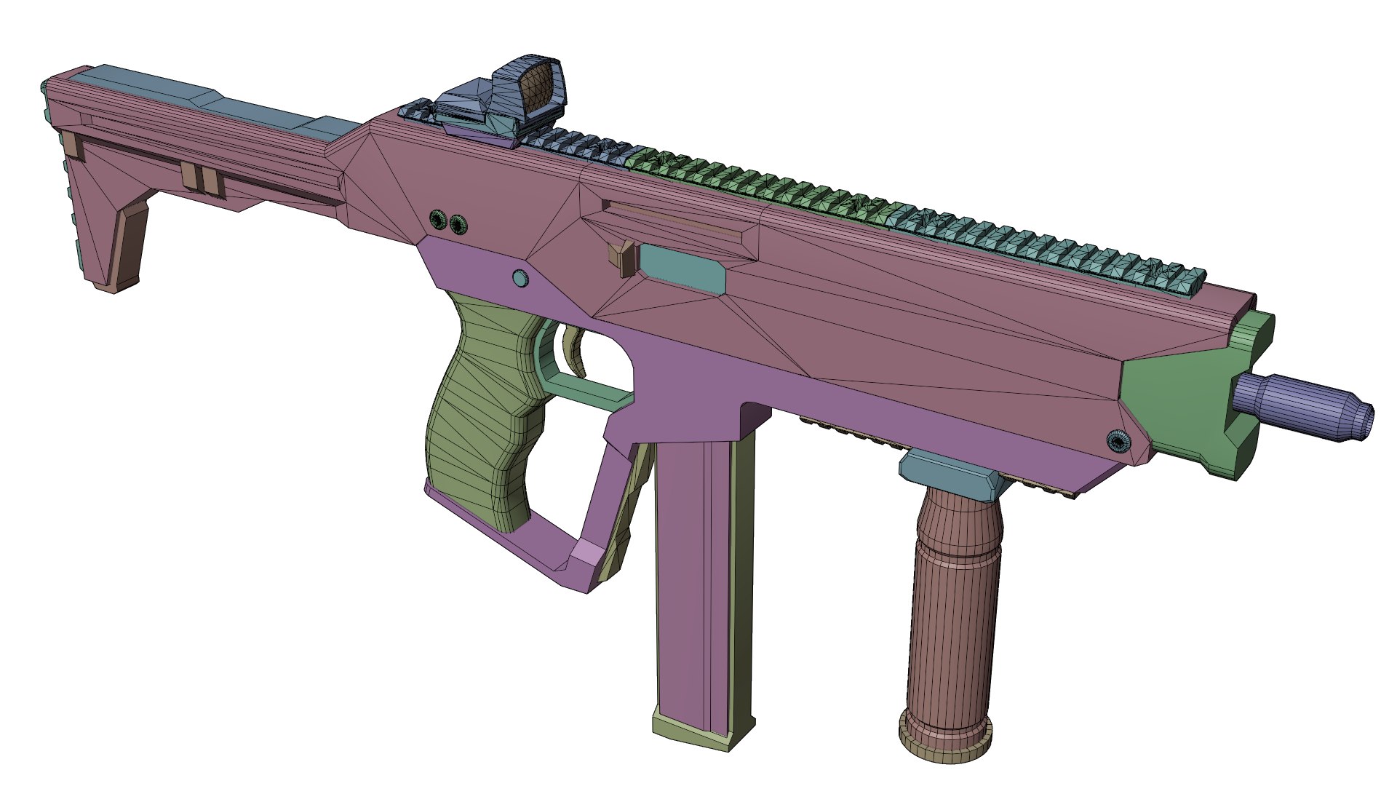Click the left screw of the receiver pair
[437, 218]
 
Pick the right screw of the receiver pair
[458, 223]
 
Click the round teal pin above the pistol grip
[520, 278]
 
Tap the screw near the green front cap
[1116, 440]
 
